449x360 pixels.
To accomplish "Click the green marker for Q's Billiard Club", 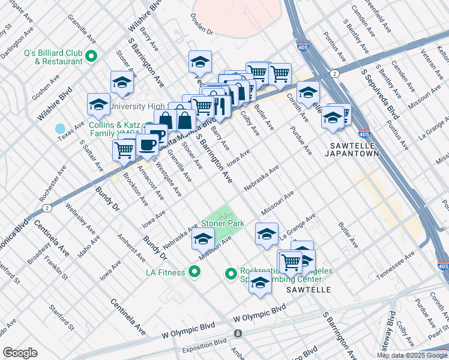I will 92,57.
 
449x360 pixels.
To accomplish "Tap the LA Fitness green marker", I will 194,272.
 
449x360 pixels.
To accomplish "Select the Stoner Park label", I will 223,223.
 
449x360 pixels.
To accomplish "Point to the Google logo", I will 20,353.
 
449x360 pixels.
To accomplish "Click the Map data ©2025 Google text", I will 412,355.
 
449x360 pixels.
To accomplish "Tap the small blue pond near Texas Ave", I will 60,128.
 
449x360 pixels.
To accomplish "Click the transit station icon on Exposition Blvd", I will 238,332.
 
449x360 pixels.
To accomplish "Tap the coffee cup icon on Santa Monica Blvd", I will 148,144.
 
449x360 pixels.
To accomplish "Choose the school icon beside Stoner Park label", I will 203,239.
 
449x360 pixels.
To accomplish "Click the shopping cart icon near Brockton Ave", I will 124,149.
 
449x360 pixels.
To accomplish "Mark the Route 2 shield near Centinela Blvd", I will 46,208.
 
